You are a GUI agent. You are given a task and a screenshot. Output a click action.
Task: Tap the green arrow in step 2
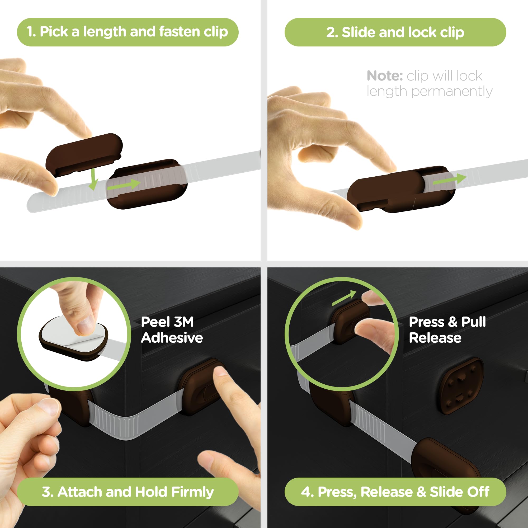(x=449, y=179)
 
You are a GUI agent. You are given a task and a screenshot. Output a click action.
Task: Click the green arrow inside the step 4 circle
(x=344, y=298)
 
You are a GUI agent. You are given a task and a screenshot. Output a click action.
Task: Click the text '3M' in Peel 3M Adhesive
(x=184, y=322)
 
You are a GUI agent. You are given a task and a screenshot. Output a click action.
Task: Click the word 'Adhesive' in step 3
(x=172, y=338)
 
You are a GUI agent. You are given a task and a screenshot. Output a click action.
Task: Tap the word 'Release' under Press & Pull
(x=435, y=338)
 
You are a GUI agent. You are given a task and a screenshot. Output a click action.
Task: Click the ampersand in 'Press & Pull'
(x=452, y=322)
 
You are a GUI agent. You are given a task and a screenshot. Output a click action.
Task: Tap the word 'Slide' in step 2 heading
(x=359, y=32)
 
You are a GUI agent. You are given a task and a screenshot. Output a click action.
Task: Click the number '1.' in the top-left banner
(x=31, y=32)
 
